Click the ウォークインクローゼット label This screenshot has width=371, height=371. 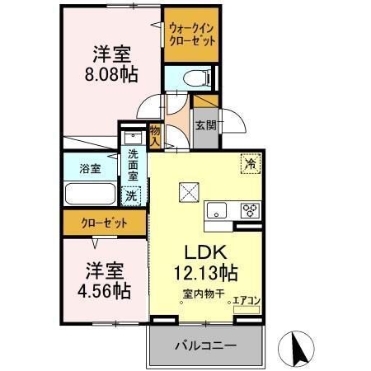[x=192, y=34]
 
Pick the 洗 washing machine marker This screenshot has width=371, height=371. [x=130, y=195]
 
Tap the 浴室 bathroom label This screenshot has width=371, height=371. [x=90, y=168]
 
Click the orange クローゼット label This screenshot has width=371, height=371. [x=103, y=222]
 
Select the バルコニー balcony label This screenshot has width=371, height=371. [x=206, y=346]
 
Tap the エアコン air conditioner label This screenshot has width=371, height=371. [x=247, y=301]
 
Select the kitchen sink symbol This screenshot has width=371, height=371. [x=218, y=210]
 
